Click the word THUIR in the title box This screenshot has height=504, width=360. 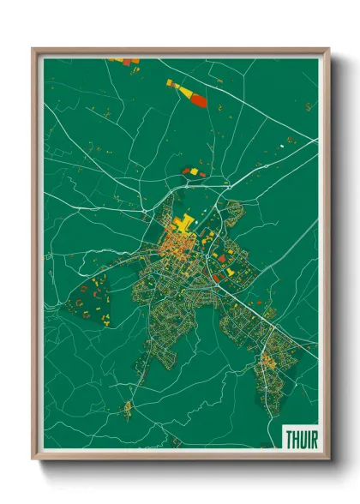300,438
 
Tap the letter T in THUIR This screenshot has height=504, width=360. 287,438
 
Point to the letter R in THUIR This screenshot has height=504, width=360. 314,438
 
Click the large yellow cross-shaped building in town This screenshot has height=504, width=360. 183,225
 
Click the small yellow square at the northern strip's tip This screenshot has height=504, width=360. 170,82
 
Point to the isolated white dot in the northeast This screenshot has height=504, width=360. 279,147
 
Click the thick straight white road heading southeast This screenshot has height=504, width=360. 257,313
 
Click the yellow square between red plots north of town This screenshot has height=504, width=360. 194,171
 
